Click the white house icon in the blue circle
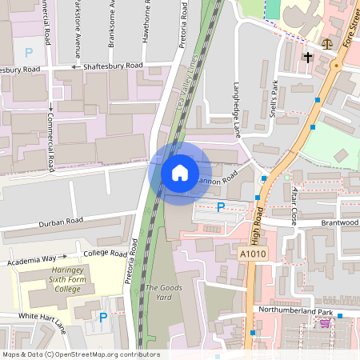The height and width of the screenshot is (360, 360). [x=180, y=172]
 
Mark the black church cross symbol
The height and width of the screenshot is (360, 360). [x=308, y=58]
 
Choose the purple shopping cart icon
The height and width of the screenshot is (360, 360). [x=325, y=323]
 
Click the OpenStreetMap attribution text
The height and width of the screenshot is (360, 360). [x=80, y=354]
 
